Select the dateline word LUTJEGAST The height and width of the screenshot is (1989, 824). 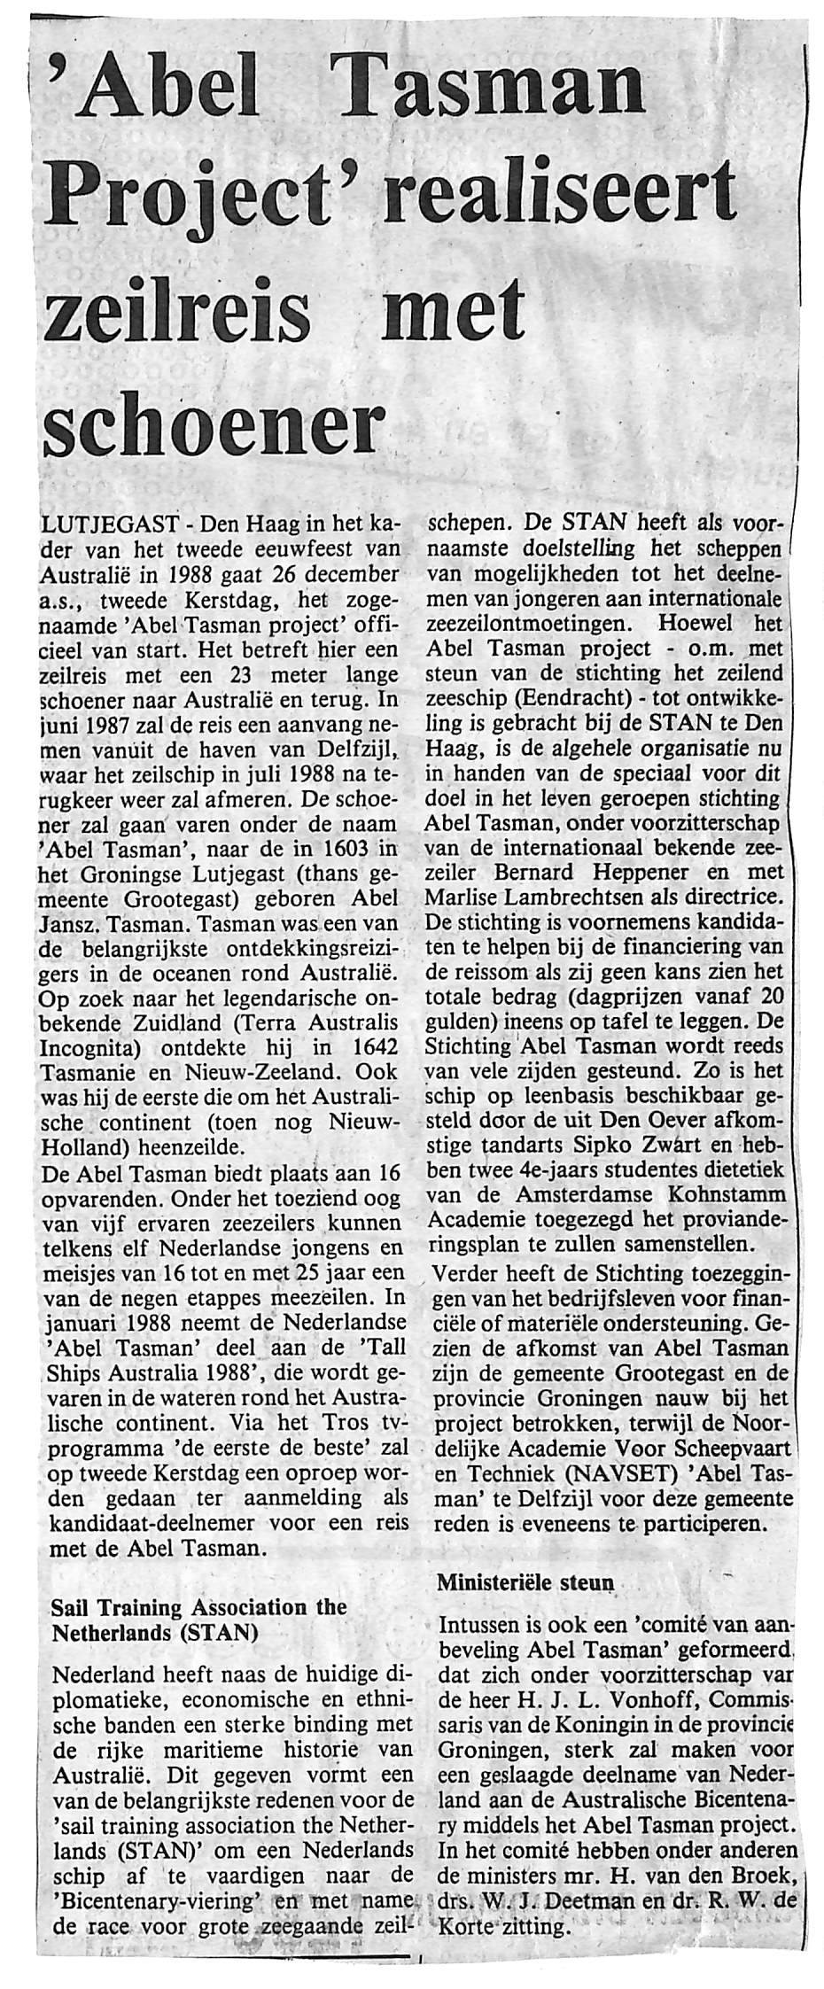tap(104, 519)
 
